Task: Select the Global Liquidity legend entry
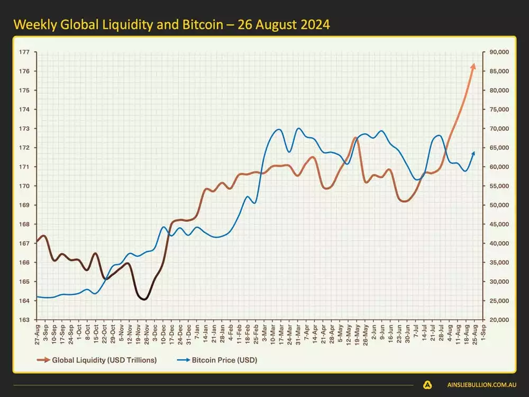point(96,360)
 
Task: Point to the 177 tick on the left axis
point(24,52)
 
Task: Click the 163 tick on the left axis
point(24,320)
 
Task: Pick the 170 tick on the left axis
point(24,186)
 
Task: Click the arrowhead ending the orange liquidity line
point(473,65)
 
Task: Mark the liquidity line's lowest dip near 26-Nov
point(144,299)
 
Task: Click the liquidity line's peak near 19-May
point(355,138)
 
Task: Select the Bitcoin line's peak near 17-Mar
point(279,129)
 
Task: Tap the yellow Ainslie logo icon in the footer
point(427,385)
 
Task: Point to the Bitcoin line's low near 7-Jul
point(418,180)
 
